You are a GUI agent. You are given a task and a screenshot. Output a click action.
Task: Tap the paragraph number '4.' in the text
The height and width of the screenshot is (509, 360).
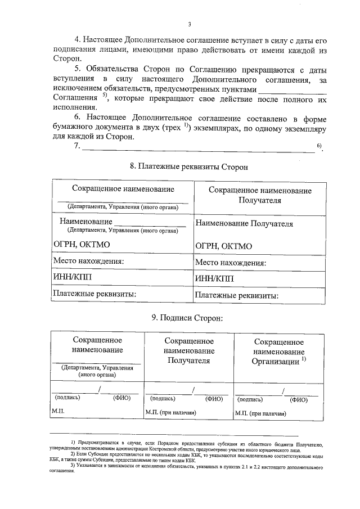point(78,40)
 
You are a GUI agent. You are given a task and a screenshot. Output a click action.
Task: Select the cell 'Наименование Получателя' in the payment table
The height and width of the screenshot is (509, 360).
point(244,223)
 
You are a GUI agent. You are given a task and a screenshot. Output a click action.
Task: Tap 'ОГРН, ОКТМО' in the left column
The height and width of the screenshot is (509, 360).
point(81,245)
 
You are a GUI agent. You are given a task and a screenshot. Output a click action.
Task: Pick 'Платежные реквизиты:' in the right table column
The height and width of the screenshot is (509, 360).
point(237,295)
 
